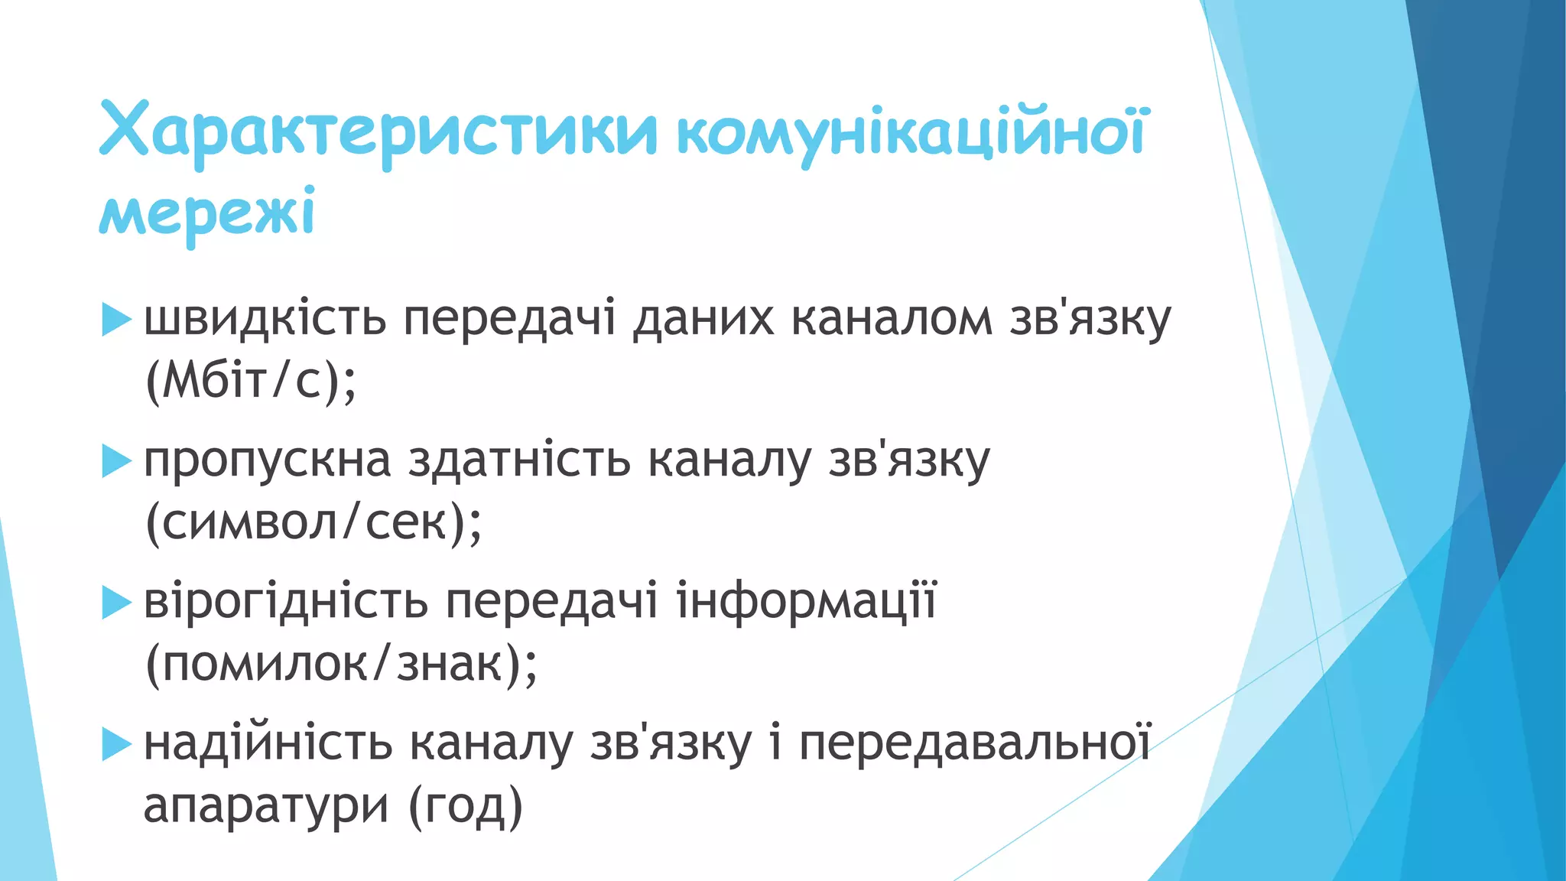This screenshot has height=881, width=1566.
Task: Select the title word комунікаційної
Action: [x=911, y=132]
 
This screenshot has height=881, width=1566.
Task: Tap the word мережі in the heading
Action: [x=207, y=213]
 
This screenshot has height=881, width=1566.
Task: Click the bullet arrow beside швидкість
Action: [x=116, y=319]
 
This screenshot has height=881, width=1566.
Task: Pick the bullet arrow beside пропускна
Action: [x=116, y=460]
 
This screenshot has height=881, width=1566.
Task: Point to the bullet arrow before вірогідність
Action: [x=116, y=602]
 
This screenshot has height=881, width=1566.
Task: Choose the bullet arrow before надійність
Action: [x=116, y=743]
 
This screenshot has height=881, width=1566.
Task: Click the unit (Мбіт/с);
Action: [x=251, y=380]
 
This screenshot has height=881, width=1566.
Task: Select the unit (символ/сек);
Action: [x=314, y=522]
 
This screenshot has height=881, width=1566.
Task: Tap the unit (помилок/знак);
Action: [x=341, y=663]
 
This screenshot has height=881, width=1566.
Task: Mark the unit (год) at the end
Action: [x=466, y=805]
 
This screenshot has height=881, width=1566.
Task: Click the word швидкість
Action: [x=265, y=318]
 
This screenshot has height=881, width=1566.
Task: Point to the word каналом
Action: [x=892, y=318]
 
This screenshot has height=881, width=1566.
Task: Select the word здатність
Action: [x=519, y=460]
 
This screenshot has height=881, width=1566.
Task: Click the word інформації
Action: [x=807, y=602]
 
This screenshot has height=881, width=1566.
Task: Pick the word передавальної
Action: [x=975, y=743]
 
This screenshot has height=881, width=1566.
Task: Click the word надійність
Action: [x=268, y=743]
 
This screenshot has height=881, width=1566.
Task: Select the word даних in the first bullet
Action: [x=703, y=318]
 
